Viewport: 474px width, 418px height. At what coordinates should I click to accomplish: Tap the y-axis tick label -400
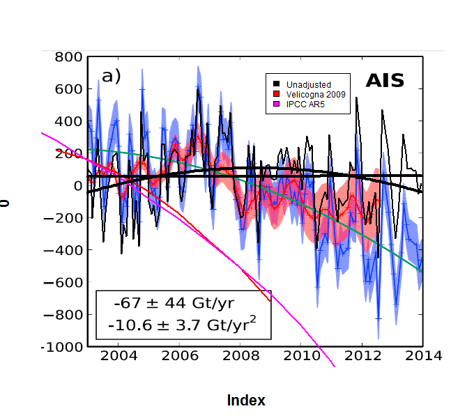(x=64, y=250)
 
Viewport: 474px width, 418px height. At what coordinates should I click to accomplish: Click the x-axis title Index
(x=246, y=401)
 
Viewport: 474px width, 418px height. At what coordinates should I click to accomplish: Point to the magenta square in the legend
(x=276, y=104)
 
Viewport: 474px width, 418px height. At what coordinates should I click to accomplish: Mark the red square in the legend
(x=276, y=94)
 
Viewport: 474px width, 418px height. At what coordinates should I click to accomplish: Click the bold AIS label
(x=385, y=82)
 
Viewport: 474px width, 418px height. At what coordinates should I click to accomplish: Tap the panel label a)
(x=112, y=76)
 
